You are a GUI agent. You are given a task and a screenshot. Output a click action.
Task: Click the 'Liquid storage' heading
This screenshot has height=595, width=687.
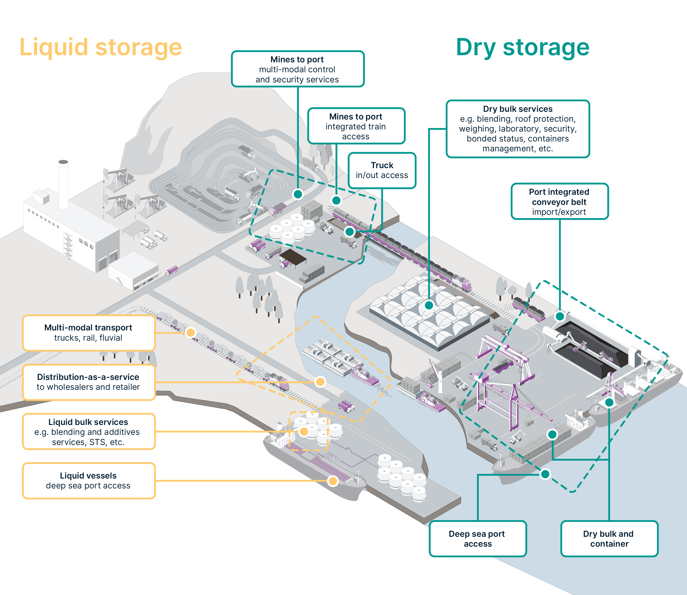pyautogui.click(x=101, y=48)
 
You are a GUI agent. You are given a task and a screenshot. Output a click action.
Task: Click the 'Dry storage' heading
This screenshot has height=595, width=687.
pyautogui.click(x=523, y=48)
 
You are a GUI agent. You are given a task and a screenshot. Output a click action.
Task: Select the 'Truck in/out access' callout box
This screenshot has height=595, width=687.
pyautogui.click(x=382, y=170)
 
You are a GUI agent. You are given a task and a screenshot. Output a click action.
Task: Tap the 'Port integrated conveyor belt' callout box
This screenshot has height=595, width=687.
pyautogui.click(x=560, y=201)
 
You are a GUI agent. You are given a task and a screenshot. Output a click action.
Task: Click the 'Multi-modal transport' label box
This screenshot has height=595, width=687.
pyautogui.click(x=89, y=333)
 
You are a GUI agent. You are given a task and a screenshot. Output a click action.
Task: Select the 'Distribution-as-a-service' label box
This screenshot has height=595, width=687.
pyautogui.click(x=89, y=382)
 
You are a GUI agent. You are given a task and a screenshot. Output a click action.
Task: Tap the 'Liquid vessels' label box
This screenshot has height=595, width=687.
pyautogui.click(x=89, y=481)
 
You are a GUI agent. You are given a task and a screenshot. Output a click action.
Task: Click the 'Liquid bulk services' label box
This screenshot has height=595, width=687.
pyautogui.click(x=89, y=432)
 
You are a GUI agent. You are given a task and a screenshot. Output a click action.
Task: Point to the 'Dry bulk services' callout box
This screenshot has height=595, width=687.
pyautogui.click(x=518, y=129)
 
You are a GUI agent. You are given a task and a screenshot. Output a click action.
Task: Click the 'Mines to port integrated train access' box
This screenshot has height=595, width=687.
pyautogui.click(x=356, y=126)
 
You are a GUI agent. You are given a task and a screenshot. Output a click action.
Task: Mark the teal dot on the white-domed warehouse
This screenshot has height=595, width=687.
pyautogui.click(x=429, y=305)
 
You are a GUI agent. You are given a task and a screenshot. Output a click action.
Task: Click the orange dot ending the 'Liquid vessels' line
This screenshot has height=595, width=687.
pyautogui.click(x=333, y=481)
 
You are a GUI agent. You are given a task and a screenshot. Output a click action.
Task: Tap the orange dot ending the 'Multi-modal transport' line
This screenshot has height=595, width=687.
pyautogui.click(x=190, y=332)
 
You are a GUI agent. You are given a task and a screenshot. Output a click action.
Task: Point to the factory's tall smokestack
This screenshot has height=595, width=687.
pyautogui.click(x=63, y=185)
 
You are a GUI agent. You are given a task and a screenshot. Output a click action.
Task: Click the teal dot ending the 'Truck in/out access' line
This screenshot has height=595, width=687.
pyautogui.click(x=350, y=232)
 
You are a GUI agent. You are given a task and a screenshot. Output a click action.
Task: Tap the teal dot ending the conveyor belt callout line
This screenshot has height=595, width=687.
pyautogui.click(x=560, y=316)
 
